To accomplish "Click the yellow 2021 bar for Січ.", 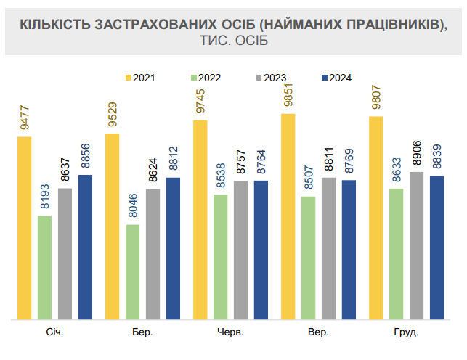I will click(25, 228).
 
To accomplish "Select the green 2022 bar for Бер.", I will click(133, 271).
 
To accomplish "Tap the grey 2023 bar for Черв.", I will click(240, 250).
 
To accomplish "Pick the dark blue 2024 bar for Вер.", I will click(349, 250).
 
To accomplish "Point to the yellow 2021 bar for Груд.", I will click(376, 218).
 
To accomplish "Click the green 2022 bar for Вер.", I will click(309, 258).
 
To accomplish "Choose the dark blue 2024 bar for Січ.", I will click(86, 247).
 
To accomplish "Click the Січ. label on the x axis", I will click(54, 332).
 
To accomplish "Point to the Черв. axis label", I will click(230, 332).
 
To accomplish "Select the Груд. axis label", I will click(406, 332).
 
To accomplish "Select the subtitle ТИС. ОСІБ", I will click(233, 41).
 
